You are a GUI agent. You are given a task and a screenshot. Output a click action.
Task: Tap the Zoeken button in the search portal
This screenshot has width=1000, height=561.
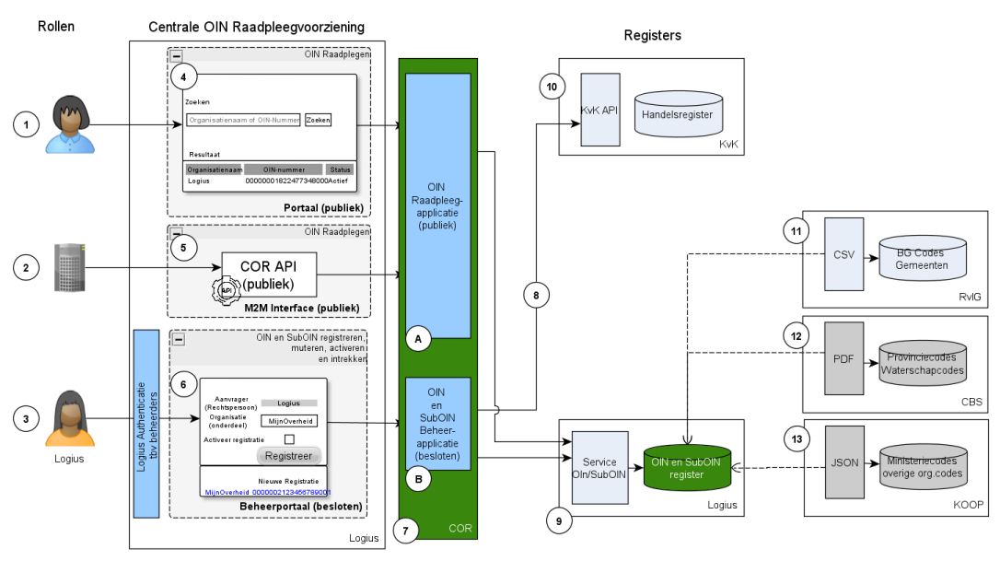[318, 120]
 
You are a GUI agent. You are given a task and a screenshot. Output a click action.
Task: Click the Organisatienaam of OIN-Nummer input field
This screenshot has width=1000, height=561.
[243, 120]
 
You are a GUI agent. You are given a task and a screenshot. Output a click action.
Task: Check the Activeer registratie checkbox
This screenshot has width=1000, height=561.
[289, 439]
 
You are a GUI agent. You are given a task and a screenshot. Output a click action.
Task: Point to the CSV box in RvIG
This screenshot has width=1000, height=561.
[843, 253]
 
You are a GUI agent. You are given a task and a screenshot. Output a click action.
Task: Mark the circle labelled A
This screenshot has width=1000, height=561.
[419, 339]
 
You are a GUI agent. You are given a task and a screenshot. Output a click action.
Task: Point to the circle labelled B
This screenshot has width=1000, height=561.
[419, 478]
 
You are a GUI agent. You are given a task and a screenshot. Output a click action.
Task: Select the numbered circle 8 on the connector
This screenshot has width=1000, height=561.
[536, 295]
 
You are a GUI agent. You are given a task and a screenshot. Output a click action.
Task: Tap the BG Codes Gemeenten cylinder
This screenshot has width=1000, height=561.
[923, 257]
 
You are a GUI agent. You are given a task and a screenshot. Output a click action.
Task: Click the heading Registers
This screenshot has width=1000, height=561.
[652, 36]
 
